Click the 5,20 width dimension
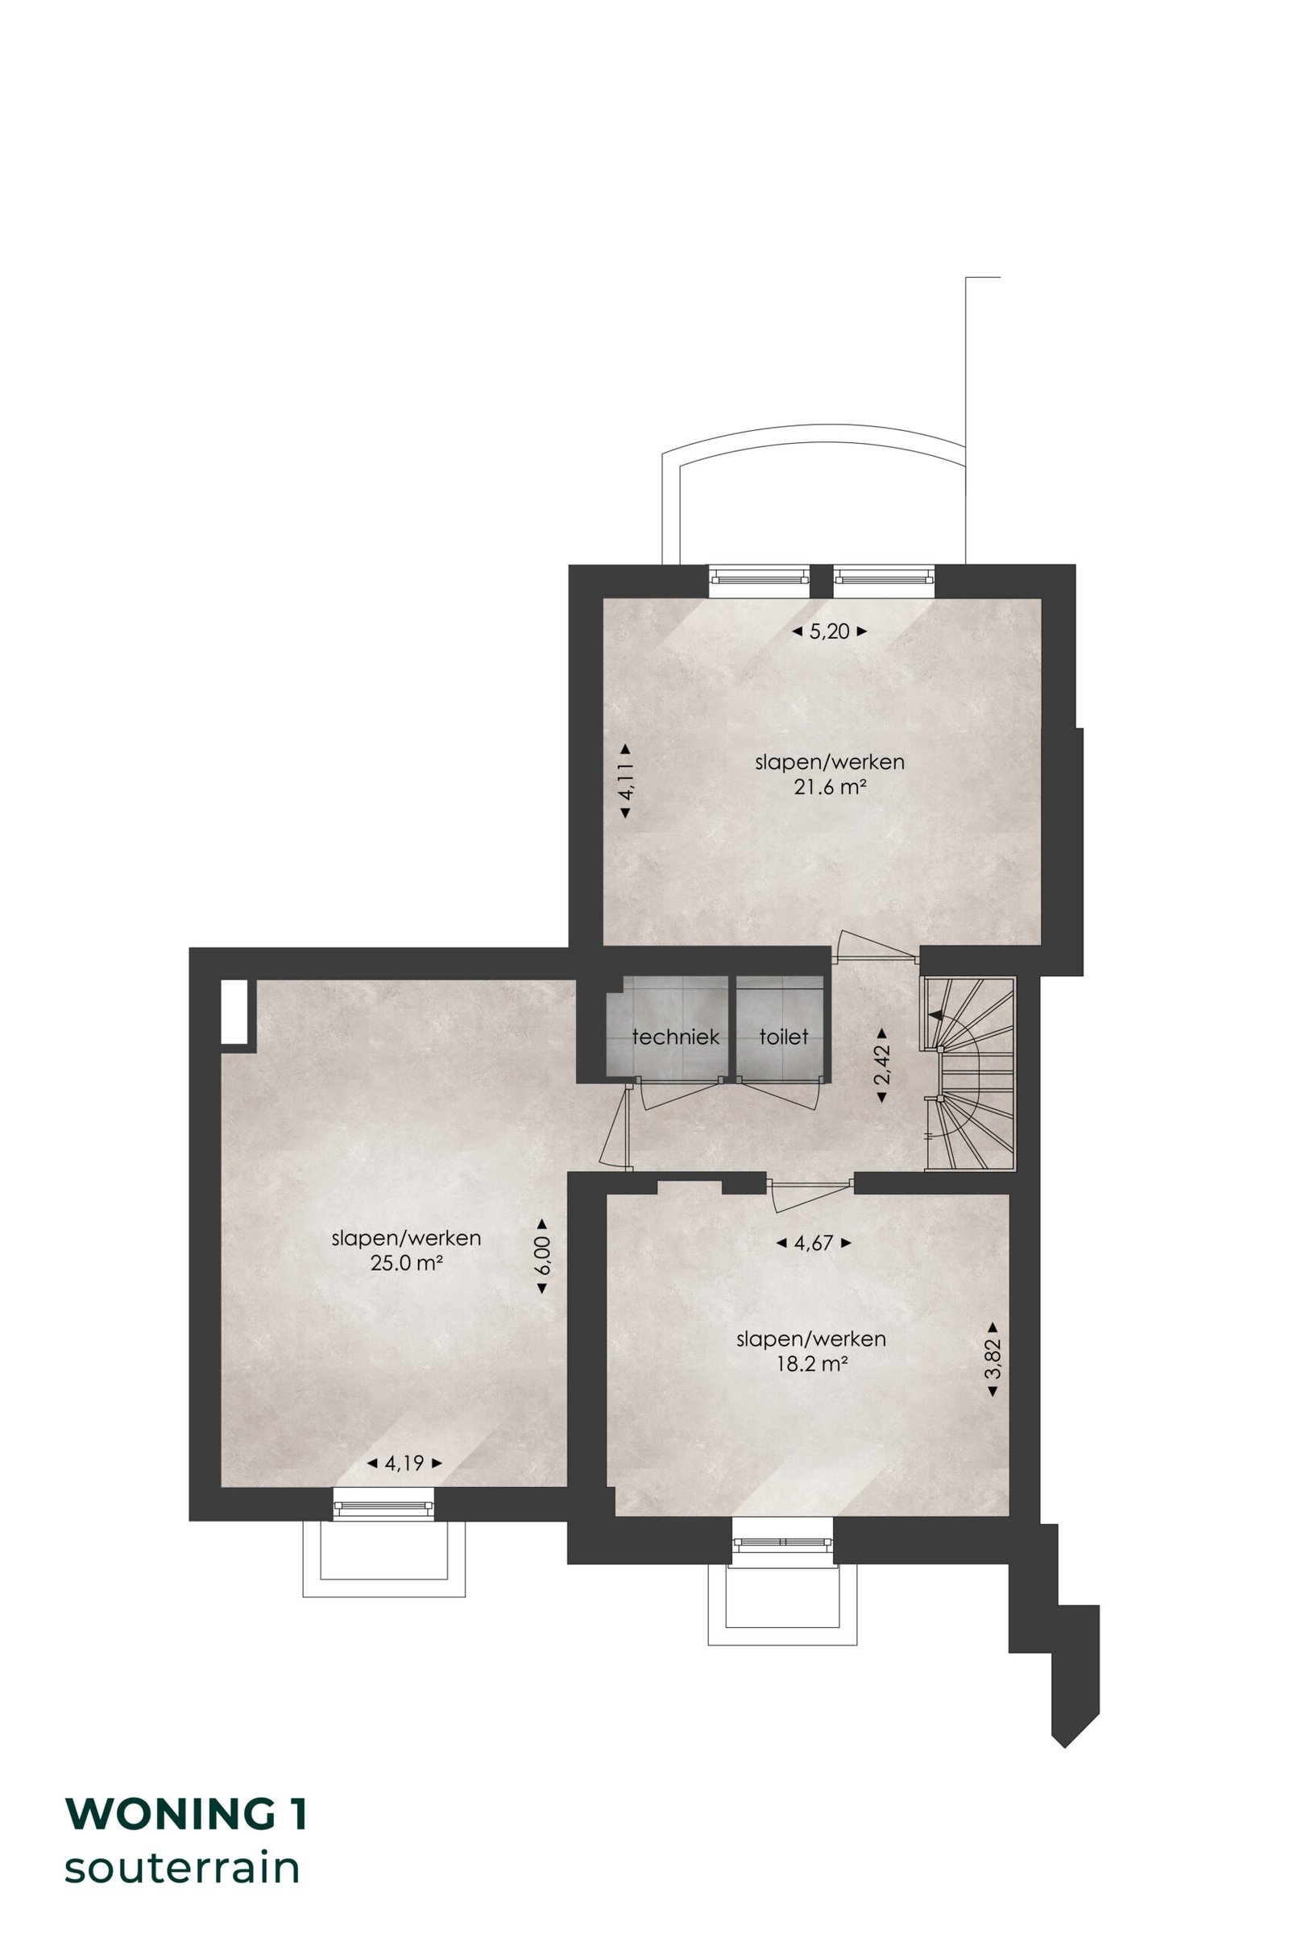click(x=830, y=632)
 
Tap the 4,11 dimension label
click(x=626, y=781)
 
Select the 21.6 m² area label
click(x=831, y=787)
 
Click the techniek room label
click(x=676, y=1037)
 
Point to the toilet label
click(x=783, y=1037)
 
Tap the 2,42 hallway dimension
click(x=881, y=1065)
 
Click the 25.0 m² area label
click(x=406, y=1263)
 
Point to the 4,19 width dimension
click(x=404, y=1463)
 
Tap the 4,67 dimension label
click(x=814, y=1244)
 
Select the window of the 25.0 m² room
click(x=383, y=1505)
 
